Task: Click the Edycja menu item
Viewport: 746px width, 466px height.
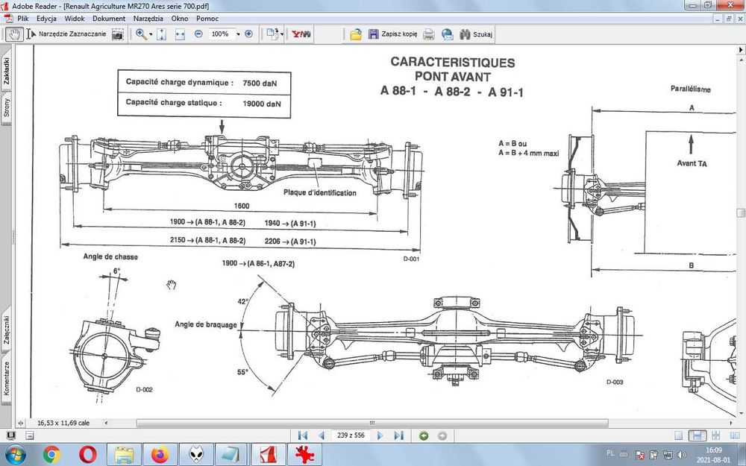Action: click(x=46, y=18)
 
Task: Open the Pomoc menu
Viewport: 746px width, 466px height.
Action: click(x=207, y=18)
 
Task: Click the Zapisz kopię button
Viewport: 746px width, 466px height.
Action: click(x=392, y=34)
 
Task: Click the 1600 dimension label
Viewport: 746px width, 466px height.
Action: click(x=241, y=207)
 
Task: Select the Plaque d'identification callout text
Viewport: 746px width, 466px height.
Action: click(x=319, y=192)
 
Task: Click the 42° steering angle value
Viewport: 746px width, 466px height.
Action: click(x=242, y=302)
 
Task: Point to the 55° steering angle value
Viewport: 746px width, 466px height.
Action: click(x=242, y=371)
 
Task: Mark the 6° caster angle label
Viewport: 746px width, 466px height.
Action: click(x=116, y=271)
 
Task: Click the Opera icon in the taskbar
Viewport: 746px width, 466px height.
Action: click(x=88, y=453)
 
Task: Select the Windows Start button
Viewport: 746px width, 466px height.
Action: click(x=15, y=453)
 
